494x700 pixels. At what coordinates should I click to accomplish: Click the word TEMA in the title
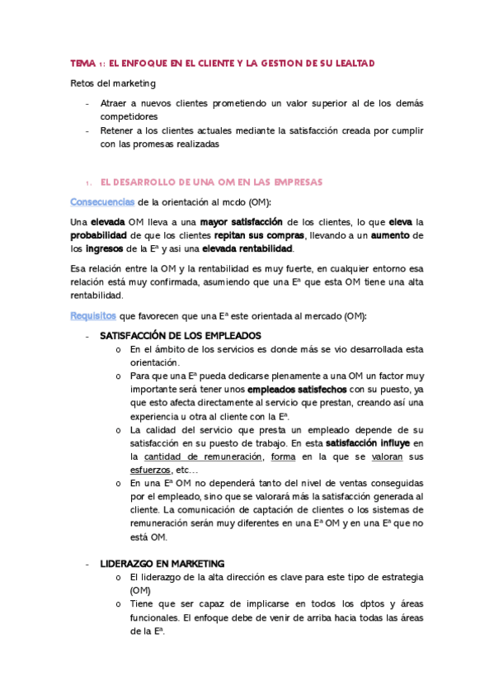point(82,63)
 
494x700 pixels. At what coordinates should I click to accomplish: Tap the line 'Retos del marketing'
point(112,83)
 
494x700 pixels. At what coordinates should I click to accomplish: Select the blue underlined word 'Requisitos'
point(93,316)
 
